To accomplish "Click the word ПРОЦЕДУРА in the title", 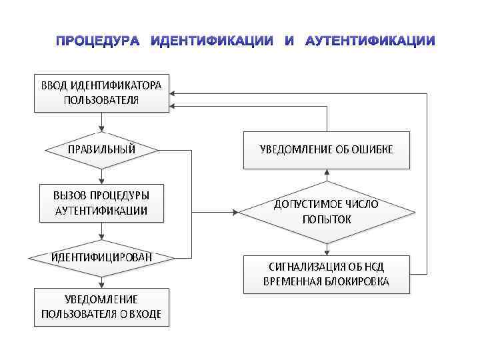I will [97, 41].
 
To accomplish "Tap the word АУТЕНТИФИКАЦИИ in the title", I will [370, 41].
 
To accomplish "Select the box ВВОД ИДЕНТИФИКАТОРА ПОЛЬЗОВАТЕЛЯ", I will [101, 93].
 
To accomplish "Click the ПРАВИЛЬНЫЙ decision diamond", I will [101, 149].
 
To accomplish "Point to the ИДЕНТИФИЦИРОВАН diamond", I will [101, 257].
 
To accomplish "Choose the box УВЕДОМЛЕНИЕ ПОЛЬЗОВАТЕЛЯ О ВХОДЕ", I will [101, 307].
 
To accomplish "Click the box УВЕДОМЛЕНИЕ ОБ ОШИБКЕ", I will [326, 149].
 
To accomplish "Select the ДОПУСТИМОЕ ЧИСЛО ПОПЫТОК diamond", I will [326, 213].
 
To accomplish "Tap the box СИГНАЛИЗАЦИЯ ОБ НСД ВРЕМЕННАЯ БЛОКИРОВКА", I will [326, 275].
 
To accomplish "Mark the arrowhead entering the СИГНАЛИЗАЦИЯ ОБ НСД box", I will [327, 253].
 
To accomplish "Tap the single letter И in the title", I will [289, 41].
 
